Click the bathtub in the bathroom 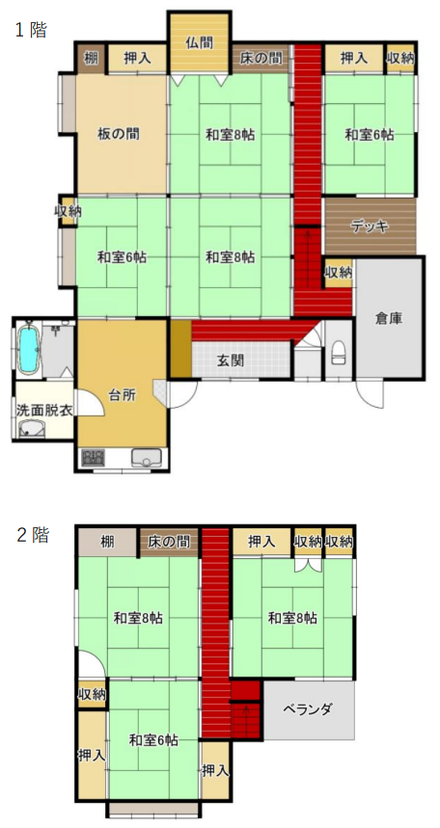click(28, 348)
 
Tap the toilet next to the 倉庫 click(339, 352)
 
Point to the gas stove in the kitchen click(93, 457)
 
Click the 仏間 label click(200, 43)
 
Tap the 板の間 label click(119, 134)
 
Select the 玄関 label click(231, 361)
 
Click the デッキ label click(371, 227)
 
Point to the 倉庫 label click(389, 318)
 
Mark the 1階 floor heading click(31, 30)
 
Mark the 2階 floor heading click(33, 535)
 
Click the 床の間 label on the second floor click(169, 542)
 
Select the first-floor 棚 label click(92, 58)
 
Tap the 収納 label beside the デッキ click(339, 273)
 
